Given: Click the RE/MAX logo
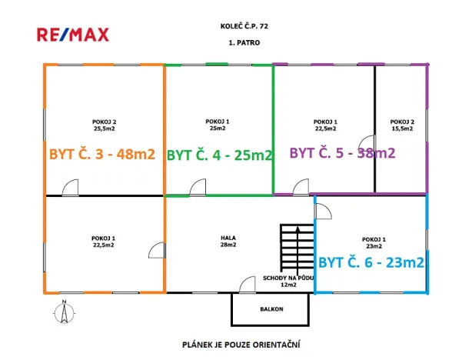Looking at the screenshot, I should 73,34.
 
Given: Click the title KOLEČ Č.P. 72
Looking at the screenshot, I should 238,26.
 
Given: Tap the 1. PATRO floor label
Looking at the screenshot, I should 239,44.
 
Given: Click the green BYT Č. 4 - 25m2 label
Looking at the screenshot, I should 219,154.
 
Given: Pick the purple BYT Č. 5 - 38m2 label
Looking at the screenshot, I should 342,152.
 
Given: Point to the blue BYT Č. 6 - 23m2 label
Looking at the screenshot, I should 371,262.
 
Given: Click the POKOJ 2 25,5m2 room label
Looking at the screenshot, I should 104,125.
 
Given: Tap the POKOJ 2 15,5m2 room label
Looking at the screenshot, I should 402,125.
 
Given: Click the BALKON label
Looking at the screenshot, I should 271,309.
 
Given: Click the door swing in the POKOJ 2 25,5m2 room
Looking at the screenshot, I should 71,187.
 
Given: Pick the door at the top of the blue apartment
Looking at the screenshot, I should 323,212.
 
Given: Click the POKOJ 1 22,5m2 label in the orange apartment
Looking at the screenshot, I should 104,242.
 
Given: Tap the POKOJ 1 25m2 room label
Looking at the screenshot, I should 218,125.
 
